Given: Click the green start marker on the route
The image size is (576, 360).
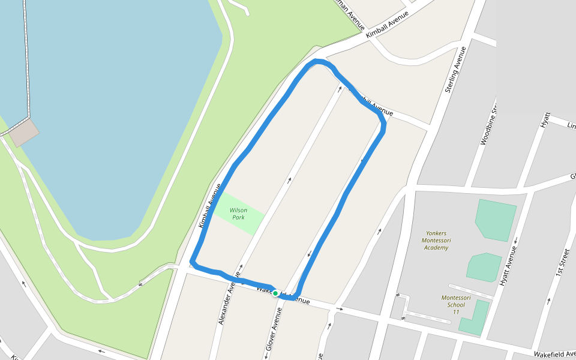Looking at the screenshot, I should (x=275, y=293).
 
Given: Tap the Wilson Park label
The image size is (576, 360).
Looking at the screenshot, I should (x=238, y=214).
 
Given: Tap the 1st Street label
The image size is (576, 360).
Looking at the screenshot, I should (x=562, y=263).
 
